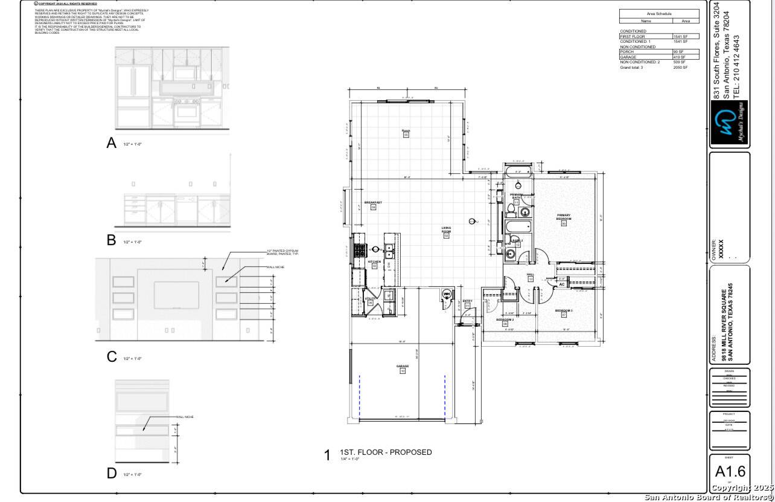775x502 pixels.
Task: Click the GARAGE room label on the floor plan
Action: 403,366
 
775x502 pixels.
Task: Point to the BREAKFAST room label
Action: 373,202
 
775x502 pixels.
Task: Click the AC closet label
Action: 561,284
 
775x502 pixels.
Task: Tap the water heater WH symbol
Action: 447,294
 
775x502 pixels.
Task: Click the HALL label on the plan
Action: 531,274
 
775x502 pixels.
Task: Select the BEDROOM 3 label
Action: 564,311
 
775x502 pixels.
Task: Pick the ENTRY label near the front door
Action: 467,301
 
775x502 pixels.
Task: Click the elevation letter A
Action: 111,143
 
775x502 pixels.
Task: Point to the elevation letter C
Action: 111,356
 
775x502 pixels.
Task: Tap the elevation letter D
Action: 111,473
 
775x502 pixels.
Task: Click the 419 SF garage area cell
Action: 680,57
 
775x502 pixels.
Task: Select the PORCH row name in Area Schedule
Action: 627,52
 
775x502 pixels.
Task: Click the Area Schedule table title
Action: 659,13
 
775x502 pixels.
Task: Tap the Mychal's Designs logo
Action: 729,123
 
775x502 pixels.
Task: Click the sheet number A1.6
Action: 730,471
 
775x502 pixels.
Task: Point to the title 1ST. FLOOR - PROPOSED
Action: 386,452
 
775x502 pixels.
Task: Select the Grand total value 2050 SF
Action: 680,68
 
